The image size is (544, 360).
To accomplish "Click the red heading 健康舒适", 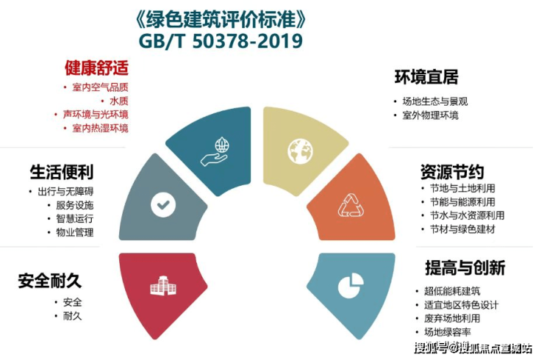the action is coord(96,68).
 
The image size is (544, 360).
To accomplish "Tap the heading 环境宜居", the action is coord(426,77).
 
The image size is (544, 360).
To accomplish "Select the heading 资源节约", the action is coord(452,172).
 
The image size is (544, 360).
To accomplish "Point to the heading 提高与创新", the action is coord(465,267).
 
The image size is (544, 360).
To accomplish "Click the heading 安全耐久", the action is coord(50,281).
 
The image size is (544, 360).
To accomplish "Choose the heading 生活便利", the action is coord(62,172).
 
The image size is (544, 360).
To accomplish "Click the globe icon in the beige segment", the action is coord(300,151).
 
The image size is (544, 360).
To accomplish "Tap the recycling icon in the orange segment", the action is coord(351,205).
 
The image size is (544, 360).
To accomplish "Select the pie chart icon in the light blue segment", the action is coord(351,286).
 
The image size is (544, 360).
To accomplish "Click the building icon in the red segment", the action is coord(163,286).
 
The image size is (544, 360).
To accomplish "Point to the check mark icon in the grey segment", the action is coord(163,205).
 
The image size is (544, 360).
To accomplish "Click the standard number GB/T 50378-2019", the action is coord(221,41).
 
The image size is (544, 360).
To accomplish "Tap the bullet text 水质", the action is coord(119,101).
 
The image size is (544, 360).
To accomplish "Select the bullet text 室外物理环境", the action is coord(430,115).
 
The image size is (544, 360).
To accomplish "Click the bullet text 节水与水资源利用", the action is coord(467,215).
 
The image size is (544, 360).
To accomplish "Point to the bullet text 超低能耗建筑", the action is coord(452,291).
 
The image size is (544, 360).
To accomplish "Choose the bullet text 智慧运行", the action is coord(75,218).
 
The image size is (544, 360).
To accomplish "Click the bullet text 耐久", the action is coord(73,316).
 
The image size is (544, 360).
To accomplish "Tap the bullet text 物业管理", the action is coord(75,232).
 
